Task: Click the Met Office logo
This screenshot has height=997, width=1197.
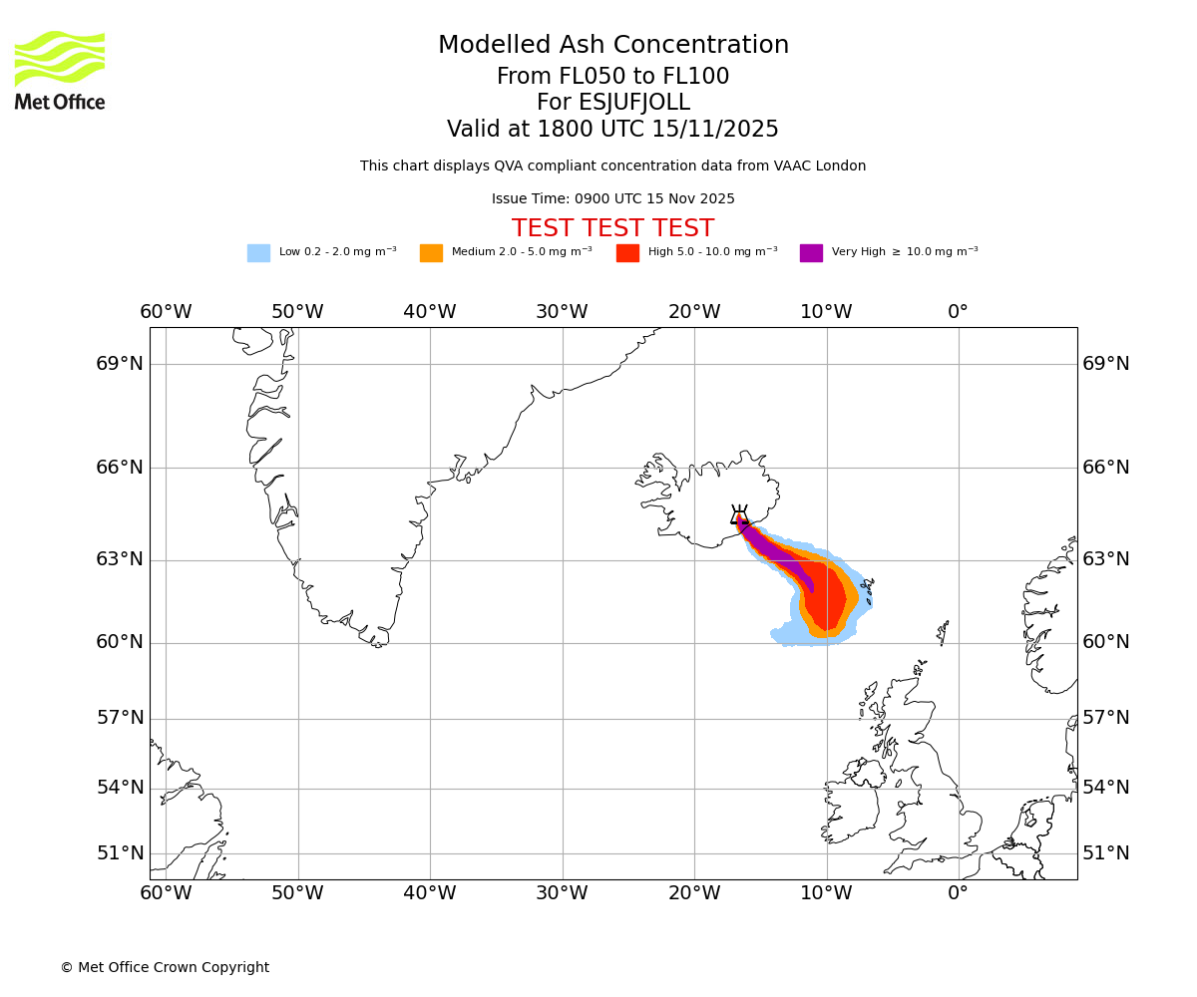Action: pyautogui.click(x=60, y=70)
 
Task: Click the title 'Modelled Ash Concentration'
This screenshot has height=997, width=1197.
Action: pyautogui.click(x=613, y=46)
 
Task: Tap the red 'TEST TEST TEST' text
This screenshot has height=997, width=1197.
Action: pyautogui.click(x=612, y=228)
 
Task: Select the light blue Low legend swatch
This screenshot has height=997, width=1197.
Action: pyautogui.click(x=258, y=253)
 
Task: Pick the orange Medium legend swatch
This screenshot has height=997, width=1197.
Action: pyautogui.click(x=431, y=253)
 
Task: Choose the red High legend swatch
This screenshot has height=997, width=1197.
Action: pyautogui.click(x=627, y=253)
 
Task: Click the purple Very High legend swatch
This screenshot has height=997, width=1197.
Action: pyautogui.click(x=811, y=253)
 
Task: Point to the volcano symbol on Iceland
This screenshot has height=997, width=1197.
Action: pyautogui.click(x=739, y=516)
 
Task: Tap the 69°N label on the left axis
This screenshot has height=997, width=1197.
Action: pyautogui.click(x=120, y=364)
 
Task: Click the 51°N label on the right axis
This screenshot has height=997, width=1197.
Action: pyautogui.click(x=1106, y=853)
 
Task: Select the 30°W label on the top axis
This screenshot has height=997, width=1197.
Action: pyautogui.click(x=562, y=312)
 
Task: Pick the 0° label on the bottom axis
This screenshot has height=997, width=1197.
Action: pyautogui.click(x=958, y=893)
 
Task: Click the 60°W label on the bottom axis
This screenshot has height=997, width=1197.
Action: pyautogui.click(x=166, y=893)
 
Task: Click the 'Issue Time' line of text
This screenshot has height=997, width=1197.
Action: pyautogui.click(x=612, y=199)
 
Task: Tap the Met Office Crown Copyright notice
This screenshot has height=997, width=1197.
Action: pyautogui.click(x=165, y=968)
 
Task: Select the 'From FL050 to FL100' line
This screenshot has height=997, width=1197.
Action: pyautogui.click(x=612, y=77)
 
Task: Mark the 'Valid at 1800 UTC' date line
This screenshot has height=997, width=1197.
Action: pyautogui.click(x=612, y=130)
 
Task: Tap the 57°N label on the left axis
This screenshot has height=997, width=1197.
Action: pyautogui.click(x=120, y=719)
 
